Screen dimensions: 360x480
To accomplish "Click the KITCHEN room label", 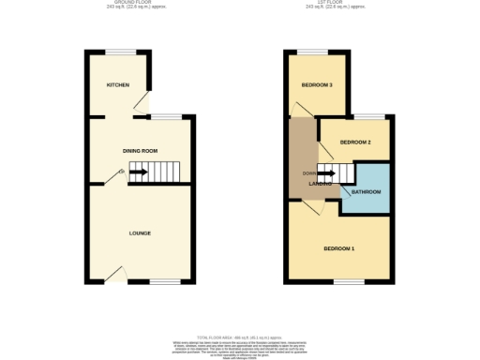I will (x=117, y=84).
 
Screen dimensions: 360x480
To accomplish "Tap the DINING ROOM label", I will (x=140, y=150).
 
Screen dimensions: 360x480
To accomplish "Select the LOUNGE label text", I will (x=140, y=232).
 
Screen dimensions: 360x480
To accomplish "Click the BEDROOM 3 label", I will (x=317, y=85).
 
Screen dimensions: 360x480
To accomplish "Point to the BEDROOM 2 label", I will (x=355, y=142).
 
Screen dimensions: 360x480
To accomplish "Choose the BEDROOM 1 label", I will (x=338, y=248).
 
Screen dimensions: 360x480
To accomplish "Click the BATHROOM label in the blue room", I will (x=366, y=192).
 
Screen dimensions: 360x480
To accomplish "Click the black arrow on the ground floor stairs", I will (x=137, y=172).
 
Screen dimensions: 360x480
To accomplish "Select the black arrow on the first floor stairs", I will (x=325, y=172).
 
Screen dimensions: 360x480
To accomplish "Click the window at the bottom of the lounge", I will (x=165, y=281).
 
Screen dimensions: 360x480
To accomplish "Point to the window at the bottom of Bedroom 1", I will (x=350, y=281).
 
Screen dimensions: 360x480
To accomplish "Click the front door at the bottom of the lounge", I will (x=117, y=275).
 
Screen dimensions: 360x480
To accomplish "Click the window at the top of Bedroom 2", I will (x=373, y=117).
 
